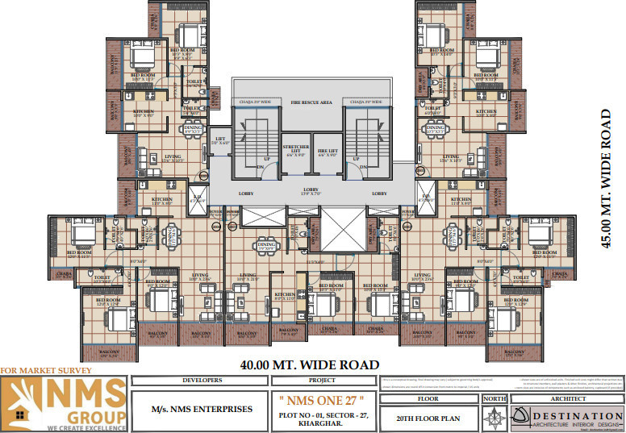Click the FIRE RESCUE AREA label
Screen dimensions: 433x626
(x=311, y=103)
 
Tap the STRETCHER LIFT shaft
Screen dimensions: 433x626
(x=295, y=152)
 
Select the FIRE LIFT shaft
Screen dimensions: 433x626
(x=327, y=152)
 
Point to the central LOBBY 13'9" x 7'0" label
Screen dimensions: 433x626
(x=311, y=190)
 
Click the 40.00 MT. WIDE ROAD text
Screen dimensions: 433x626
(x=310, y=364)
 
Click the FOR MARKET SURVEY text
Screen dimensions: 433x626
(x=46, y=371)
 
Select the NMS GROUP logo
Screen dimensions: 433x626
(x=65, y=401)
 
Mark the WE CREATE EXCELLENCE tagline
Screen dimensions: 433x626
(x=65, y=427)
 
